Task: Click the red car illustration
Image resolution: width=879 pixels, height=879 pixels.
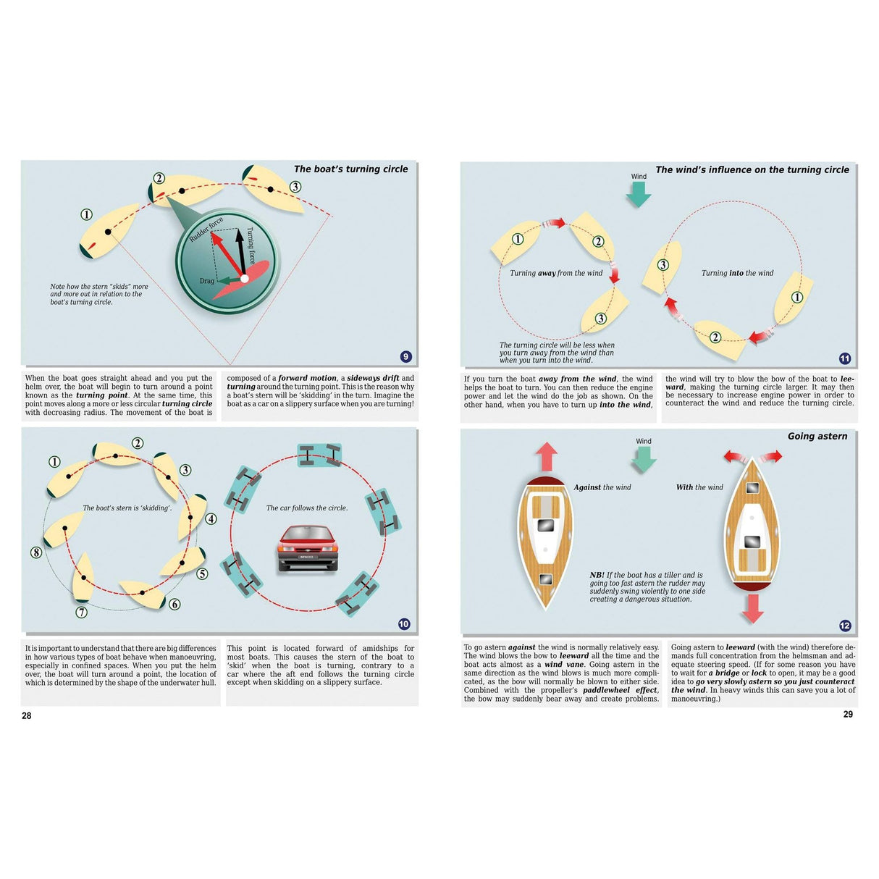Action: click(308, 548)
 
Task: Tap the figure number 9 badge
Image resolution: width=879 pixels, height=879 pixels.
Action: click(405, 356)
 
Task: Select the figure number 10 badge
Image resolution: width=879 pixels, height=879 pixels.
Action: click(404, 624)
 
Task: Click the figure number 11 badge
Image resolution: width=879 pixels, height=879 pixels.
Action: click(844, 358)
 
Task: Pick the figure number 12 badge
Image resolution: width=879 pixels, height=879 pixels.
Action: click(844, 626)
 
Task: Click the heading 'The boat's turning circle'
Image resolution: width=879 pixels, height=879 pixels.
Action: click(350, 169)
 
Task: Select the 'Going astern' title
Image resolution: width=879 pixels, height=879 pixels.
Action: click(817, 436)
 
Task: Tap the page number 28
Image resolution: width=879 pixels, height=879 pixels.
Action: click(27, 715)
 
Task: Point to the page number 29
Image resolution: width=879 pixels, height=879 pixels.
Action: click(848, 714)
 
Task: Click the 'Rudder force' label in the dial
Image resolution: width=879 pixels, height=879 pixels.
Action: click(206, 229)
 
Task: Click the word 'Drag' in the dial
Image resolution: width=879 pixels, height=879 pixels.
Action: click(207, 281)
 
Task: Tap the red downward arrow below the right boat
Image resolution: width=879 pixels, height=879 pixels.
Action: click(753, 608)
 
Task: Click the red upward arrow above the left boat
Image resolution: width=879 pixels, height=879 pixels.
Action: click(546, 458)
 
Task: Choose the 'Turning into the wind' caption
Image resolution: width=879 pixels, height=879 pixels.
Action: click(737, 273)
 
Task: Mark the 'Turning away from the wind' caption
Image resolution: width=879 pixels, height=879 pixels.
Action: click(555, 273)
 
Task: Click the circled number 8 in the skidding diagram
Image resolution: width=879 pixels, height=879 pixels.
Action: click(36, 552)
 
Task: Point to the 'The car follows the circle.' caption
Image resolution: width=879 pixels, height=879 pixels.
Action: click(306, 508)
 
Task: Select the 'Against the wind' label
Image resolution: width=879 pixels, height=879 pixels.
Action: click(602, 487)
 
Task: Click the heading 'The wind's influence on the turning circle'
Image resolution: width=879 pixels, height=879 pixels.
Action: click(752, 169)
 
